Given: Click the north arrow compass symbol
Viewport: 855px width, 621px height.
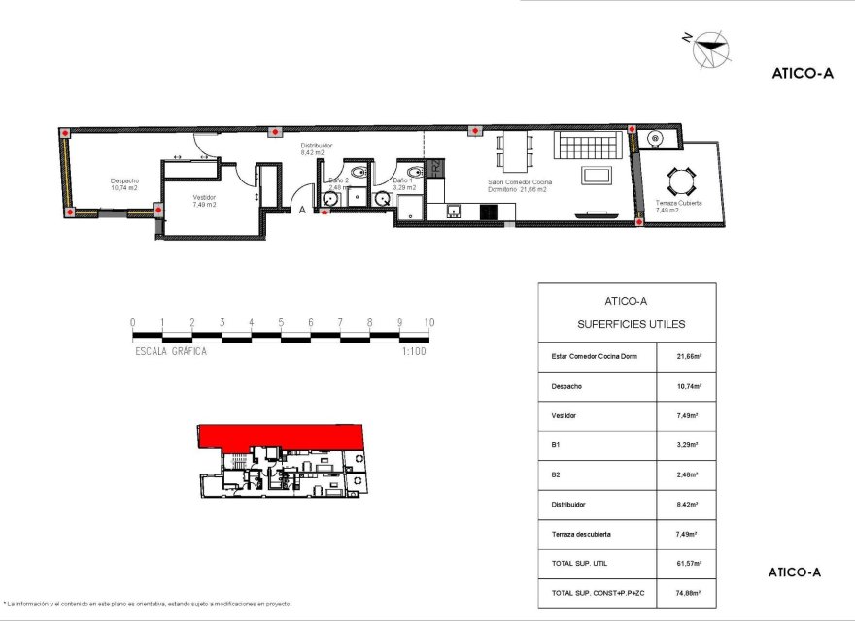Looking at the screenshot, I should [x=711, y=49].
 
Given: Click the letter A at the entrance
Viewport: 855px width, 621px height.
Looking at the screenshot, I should [x=302, y=209].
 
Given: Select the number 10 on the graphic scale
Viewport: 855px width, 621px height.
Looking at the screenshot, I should [x=428, y=323].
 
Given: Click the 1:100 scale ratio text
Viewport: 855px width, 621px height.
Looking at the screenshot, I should [x=413, y=351].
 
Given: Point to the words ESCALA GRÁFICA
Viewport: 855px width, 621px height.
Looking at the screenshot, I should [x=171, y=351].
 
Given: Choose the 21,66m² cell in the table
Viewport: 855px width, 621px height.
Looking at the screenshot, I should [x=689, y=356].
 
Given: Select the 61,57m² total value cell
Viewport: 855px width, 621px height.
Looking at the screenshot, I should [x=689, y=563].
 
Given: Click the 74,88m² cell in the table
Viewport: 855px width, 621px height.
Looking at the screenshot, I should [x=689, y=592].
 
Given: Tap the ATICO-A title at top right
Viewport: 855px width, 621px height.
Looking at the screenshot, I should [x=802, y=72].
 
